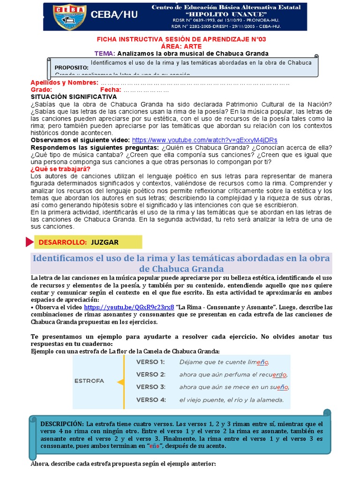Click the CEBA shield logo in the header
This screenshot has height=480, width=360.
point(69,16)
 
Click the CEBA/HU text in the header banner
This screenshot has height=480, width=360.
point(114,15)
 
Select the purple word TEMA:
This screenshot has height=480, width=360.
point(105,53)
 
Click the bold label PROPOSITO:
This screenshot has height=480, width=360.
point(71,67)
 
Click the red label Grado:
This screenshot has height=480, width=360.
point(41,90)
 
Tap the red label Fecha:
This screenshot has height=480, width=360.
point(111,90)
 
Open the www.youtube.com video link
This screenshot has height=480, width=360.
point(204,140)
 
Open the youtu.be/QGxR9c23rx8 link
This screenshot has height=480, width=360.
point(129,307)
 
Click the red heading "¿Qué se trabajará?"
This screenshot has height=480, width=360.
point(60,169)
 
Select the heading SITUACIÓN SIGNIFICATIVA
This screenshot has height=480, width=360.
point(74,96)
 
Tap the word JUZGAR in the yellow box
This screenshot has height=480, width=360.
point(105,242)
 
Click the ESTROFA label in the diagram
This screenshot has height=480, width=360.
point(89,381)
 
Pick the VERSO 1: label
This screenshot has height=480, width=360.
point(150,362)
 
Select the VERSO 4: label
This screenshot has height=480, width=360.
point(150,400)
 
